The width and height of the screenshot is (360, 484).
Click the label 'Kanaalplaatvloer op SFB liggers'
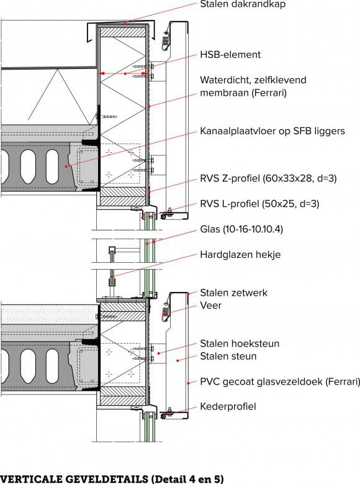272,131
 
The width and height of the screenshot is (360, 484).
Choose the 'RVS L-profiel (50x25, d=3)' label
263,203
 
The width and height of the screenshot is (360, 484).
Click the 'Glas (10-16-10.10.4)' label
241,229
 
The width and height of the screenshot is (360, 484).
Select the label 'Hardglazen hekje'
240,255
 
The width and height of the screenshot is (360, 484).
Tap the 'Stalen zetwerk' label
233,293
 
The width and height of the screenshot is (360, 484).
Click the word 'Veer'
210,306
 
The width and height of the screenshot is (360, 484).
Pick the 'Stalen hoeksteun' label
240,344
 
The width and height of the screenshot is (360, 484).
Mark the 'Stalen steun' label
228,357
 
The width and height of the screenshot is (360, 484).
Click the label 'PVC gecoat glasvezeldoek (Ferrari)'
279,381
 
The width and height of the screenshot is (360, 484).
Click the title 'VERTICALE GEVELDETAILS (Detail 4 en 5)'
112,478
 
